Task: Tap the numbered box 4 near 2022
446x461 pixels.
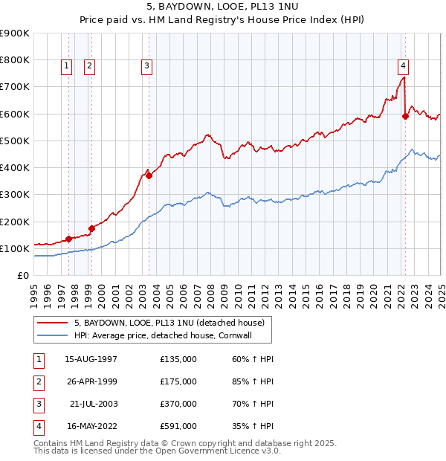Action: click(402, 64)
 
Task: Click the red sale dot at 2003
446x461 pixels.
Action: click(149, 175)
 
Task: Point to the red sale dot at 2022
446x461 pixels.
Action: click(405, 116)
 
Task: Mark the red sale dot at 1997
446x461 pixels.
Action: click(68, 239)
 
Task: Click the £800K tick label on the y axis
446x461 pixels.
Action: click(15, 59)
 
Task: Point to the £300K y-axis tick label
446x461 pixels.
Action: click(15, 194)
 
